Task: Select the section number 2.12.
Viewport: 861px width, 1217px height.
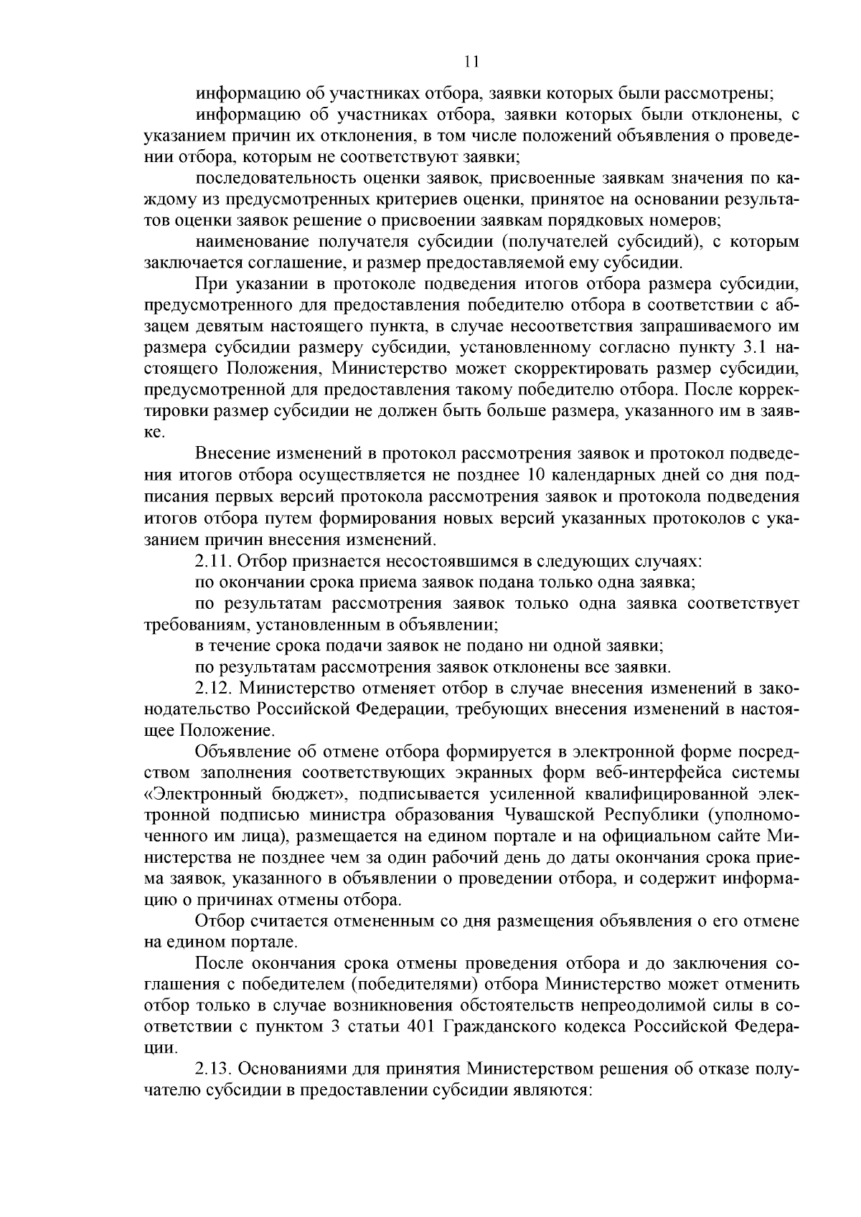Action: coord(213,688)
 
